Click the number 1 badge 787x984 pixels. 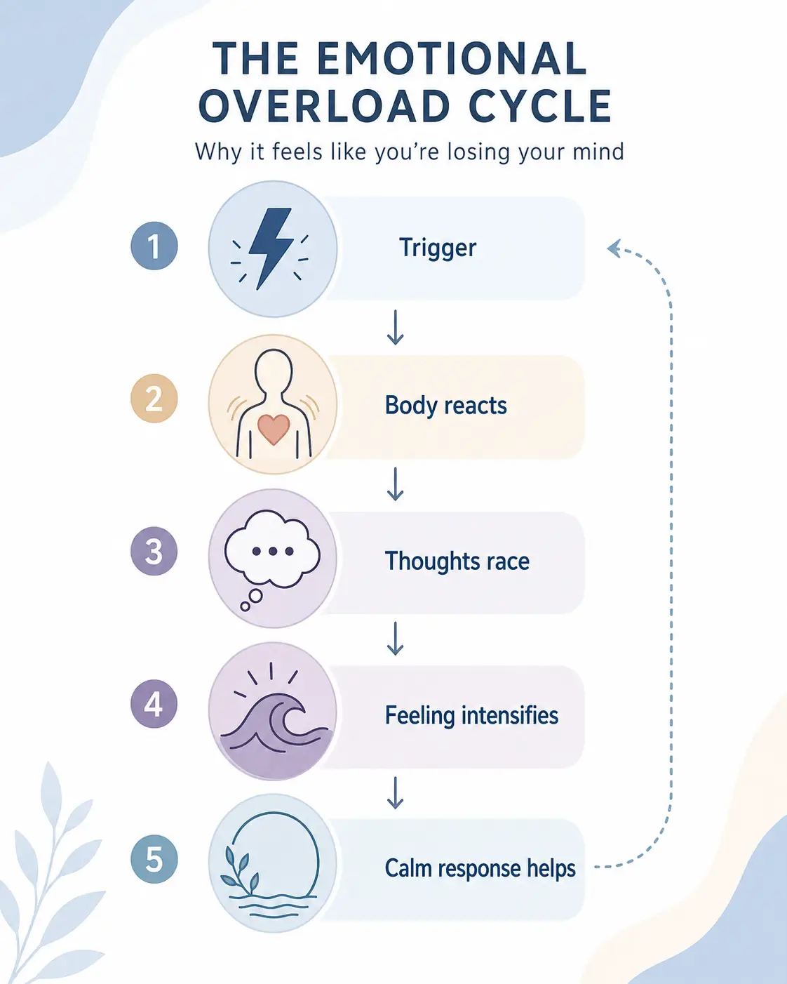pyautogui.click(x=154, y=246)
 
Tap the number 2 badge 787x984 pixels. pyautogui.click(x=154, y=398)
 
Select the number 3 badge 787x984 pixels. pyautogui.click(x=154, y=551)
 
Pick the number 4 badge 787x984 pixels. pyautogui.click(x=154, y=704)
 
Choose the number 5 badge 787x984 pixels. pyautogui.click(x=154, y=859)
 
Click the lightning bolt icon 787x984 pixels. pyautogui.click(x=271, y=248)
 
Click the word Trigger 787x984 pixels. pyautogui.click(x=438, y=248)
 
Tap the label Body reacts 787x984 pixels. pyautogui.click(x=445, y=406)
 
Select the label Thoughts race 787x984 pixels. pyautogui.click(x=457, y=561)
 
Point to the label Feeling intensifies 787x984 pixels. pyautogui.click(x=471, y=716)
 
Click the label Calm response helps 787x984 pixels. pyautogui.click(x=480, y=868)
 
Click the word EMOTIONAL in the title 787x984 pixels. pyautogui.click(x=450, y=58)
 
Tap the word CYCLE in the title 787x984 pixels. pyautogui.click(x=539, y=106)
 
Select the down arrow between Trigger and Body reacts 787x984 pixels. pyautogui.click(x=395, y=327)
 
